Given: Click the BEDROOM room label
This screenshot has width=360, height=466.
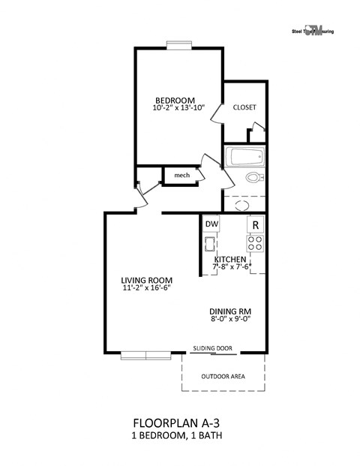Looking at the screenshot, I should [x=175, y=101].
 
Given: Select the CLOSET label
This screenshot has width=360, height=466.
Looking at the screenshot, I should [x=244, y=107].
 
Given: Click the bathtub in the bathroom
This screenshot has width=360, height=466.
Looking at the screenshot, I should [x=245, y=158].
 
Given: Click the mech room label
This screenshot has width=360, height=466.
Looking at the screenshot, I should [x=181, y=175].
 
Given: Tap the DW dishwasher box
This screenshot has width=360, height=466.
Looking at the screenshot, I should [x=211, y=224].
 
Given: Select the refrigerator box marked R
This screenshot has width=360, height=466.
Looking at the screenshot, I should [x=255, y=224].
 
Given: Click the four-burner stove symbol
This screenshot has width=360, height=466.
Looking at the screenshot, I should [x=255, y=242].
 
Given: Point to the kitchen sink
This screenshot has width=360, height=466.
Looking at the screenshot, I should [x=210, y=243].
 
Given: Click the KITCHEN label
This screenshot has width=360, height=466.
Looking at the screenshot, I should [x=231, y=259].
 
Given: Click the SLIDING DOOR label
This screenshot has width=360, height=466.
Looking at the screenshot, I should [x=213, y=348].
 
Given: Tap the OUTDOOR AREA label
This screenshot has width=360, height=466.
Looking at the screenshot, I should [x=222, y=377].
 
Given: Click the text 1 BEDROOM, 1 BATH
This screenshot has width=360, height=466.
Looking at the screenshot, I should [x=177, y=435].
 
